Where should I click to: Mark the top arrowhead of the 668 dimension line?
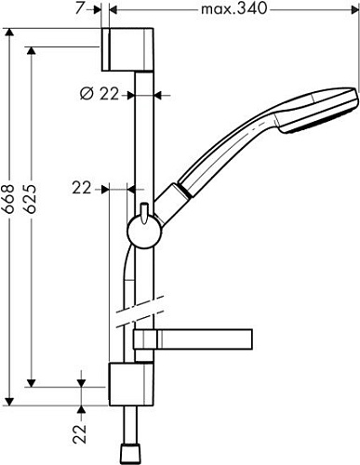[11, 30]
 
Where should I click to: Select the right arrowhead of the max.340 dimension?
[356, 10]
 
